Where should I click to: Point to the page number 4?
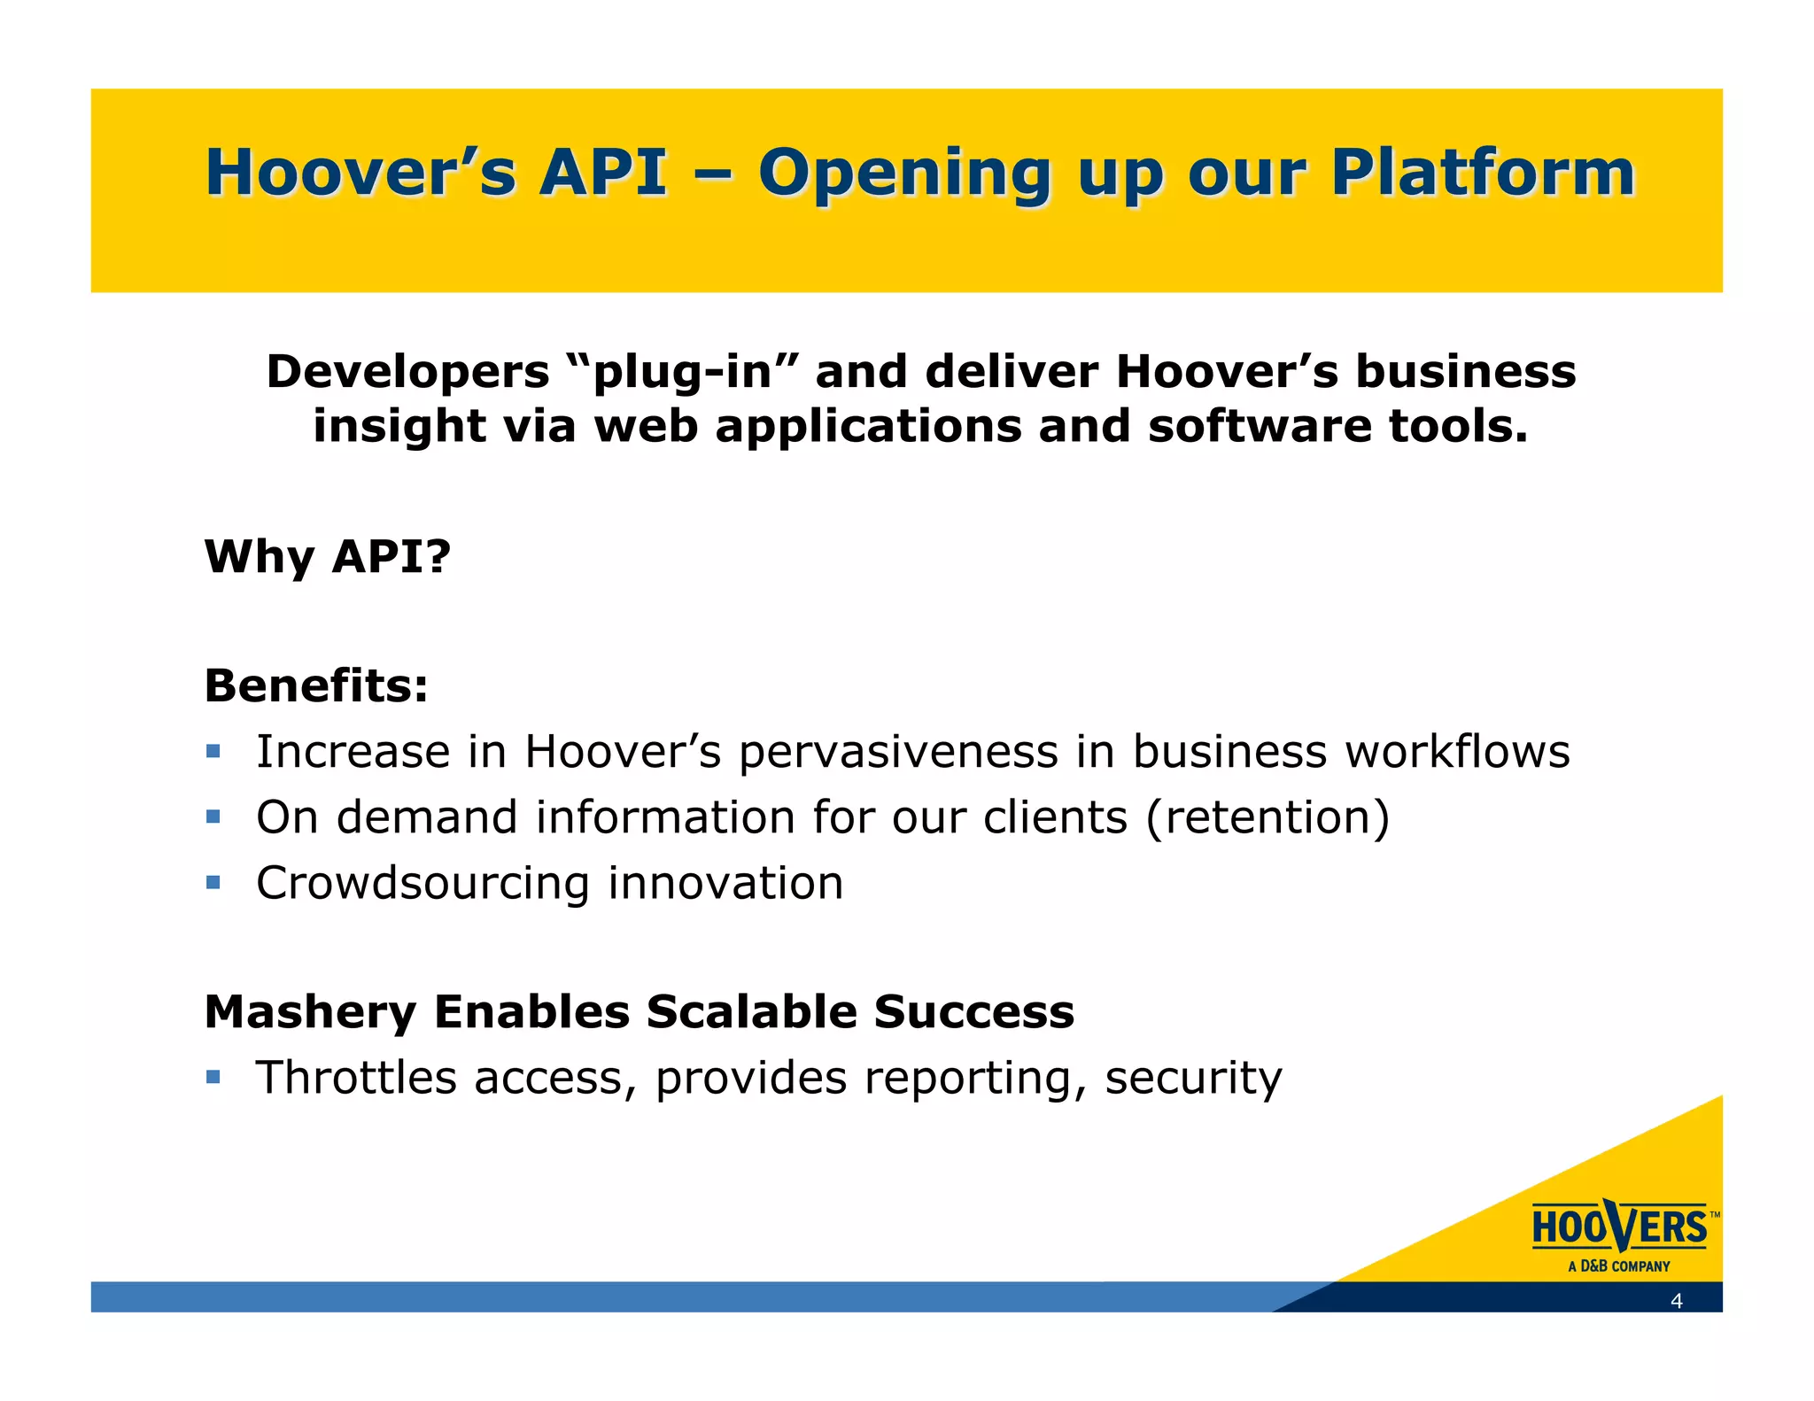(1676, 1301)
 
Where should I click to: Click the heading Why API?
(328, 557)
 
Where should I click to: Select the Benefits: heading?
(316, 685)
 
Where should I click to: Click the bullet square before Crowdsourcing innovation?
(213, 882)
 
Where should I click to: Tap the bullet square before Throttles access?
(213, 1077)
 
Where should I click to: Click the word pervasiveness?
(898, 753)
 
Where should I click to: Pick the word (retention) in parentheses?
(1267, 817)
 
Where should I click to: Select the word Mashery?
(310, 1012)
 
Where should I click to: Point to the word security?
(1193, 1079)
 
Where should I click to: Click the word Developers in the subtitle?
(407, 372)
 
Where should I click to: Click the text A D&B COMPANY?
(1618, 1266)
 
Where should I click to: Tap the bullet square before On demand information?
(213, 817)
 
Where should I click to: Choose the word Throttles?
(356, 1078)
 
